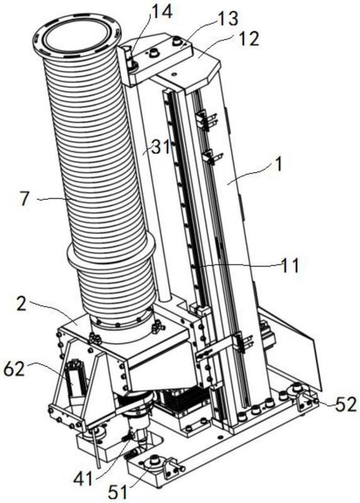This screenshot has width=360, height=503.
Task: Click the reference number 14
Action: [162, 13]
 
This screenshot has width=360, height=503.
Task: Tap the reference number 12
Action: [248, 39]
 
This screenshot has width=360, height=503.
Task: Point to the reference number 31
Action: [160, 148]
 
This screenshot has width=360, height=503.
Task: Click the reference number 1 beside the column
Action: [278, 164]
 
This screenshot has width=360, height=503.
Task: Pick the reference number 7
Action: [25, 199]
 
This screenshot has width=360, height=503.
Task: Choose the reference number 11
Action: [290, 265]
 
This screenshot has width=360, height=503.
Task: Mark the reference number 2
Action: [21, 304]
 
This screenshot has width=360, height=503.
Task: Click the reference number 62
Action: [13, 370]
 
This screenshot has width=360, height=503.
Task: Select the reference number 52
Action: [346, 405]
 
